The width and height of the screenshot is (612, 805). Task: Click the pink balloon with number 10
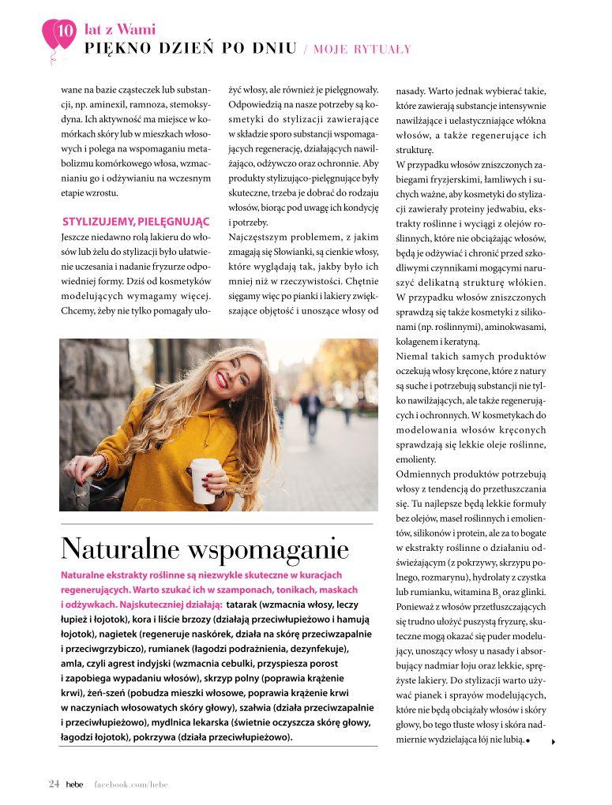(59, 33)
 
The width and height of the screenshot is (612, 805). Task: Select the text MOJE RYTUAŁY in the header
(362, 50)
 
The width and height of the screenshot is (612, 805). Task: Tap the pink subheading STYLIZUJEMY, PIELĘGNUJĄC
(136, 220)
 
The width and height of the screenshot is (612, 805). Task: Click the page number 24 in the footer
(54, 784)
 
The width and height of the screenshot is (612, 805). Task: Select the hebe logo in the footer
(74, 784)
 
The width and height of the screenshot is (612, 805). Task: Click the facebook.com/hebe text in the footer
(131, 784)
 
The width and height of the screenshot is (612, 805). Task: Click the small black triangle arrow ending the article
(554, 741)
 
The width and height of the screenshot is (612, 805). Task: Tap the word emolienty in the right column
(416, 459)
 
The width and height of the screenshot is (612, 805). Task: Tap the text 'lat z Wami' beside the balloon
(120, 30)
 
